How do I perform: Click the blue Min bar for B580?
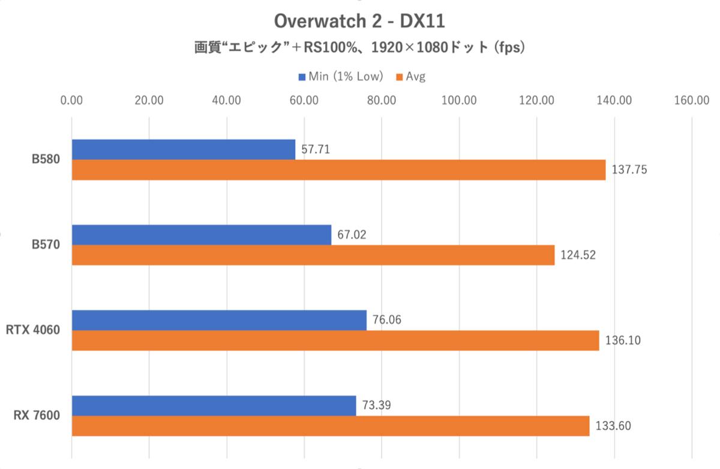pos(184,150)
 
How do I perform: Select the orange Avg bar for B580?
pos(338,170)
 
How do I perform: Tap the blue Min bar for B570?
pos(202,235)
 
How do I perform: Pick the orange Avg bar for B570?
pos(313,255)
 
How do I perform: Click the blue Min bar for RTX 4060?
pos(219,320)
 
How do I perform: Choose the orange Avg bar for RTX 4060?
pos(335,340)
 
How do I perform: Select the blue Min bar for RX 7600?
pos(214,405)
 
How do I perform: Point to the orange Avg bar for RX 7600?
pos(331,426)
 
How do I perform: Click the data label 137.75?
pos(629,170)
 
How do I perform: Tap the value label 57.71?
pos(316,149)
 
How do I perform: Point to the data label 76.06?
pos(387,319)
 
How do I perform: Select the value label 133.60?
pos(613,426)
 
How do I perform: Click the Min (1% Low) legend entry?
pos(341,76)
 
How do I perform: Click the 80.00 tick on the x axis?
pos(382,100)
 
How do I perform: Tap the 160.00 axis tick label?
pos(692,100)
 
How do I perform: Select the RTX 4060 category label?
pos(34,330)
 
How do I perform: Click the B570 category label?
pos(46,245)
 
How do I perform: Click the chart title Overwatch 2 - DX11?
pos(359,22)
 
